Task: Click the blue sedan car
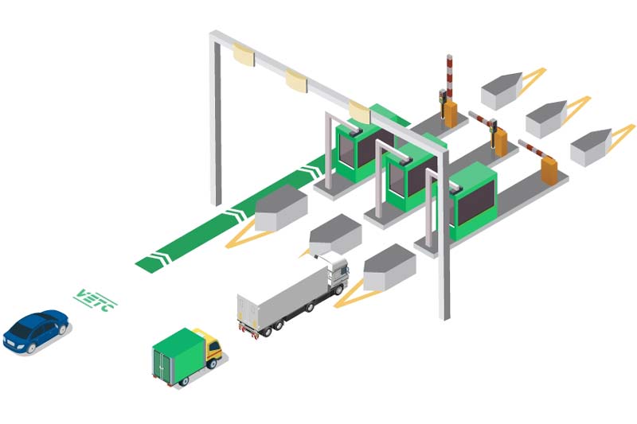point(36,331)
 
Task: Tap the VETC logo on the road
point(95,300)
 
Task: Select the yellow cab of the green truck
point(212,346)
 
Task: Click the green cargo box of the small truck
point(178,355)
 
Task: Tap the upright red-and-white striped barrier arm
point(449,77)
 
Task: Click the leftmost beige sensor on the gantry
point(243,56)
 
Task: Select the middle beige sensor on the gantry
point(296,81)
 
